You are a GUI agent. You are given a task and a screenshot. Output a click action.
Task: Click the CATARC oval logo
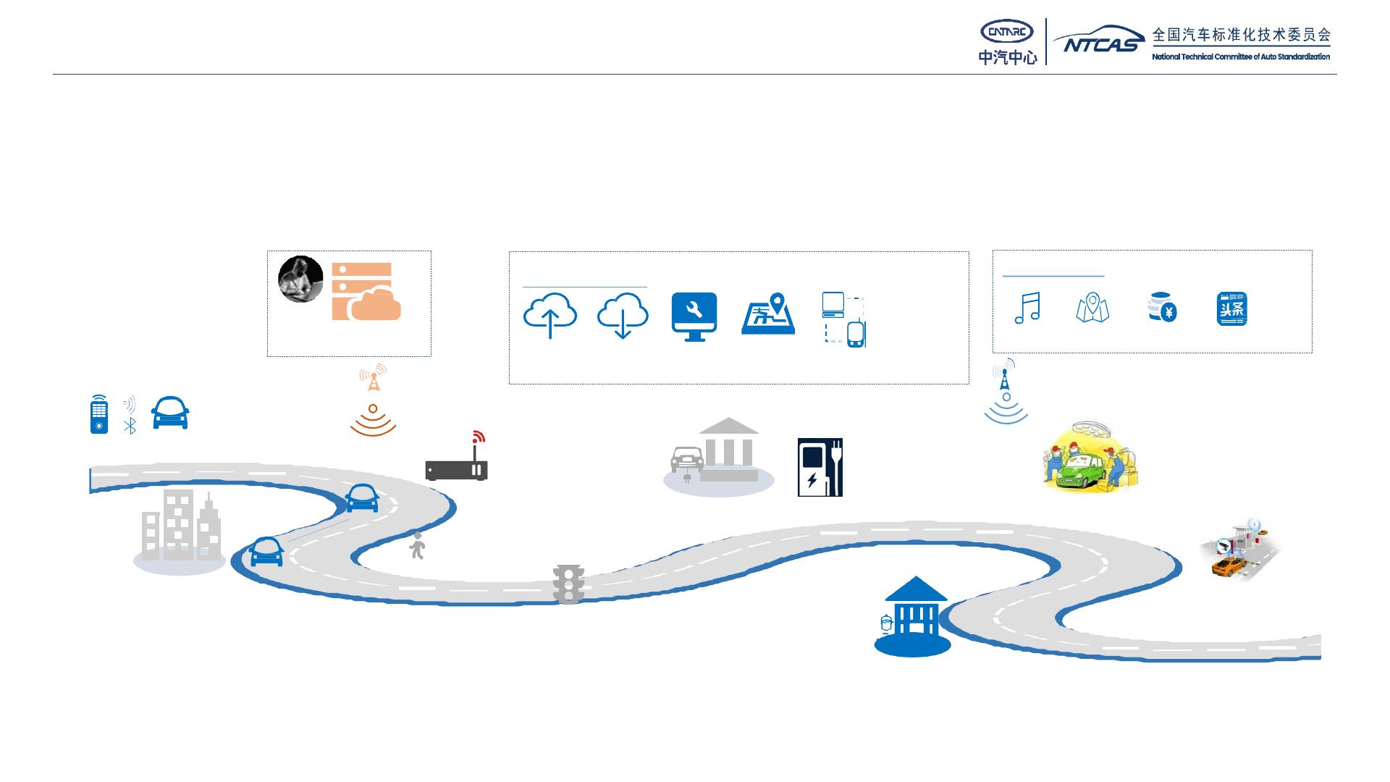[1006, 32]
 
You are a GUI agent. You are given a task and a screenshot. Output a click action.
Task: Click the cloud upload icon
[550, 316]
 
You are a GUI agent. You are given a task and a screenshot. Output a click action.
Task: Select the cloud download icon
[622, 316]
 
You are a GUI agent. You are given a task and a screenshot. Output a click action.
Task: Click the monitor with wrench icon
[694, 316]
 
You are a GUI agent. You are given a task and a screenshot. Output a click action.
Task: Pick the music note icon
[1027, 308]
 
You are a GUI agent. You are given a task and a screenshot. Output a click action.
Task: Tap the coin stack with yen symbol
[1162, 308]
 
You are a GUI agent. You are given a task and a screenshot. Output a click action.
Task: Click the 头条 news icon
[1231, 309]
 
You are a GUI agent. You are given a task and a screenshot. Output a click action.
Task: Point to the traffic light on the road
[569, 584]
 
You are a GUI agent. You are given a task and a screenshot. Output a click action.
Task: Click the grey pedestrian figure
[417, 546]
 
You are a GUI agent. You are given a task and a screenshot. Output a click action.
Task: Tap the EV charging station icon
[820, 467]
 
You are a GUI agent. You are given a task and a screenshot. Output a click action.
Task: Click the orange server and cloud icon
[366, 292]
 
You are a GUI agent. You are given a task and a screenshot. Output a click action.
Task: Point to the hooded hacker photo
[300, 279]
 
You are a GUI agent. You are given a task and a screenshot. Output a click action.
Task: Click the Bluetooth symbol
[130, 426]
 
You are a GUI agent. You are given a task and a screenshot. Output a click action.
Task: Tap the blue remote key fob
[99, 414]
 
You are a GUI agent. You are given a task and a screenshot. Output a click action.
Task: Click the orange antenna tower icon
[373, 378]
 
